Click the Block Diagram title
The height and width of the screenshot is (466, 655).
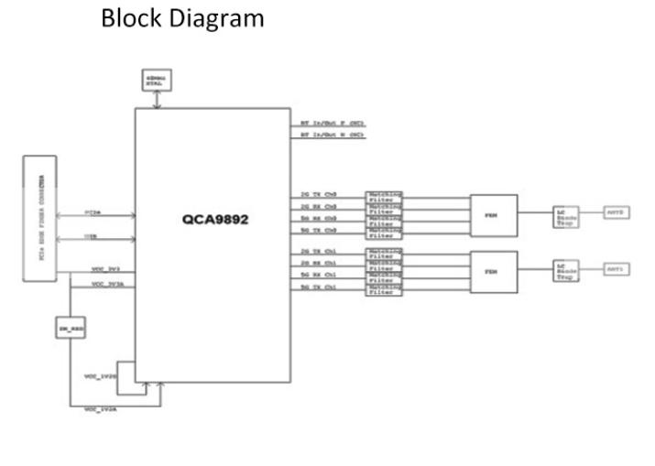point(183,17)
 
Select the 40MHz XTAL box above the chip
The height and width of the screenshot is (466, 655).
point(157,81)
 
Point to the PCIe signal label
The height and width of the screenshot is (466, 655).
point(93,211)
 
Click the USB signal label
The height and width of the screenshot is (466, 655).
point(92,236)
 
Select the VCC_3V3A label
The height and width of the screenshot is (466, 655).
point(106,285)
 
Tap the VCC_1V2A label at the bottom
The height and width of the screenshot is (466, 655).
point(99,407)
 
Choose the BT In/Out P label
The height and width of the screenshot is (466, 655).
point(333,122)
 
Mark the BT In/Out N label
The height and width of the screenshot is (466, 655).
point(333,135)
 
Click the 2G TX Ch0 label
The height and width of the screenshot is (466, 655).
point(320,196)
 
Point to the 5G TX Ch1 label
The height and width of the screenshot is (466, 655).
point(320,288)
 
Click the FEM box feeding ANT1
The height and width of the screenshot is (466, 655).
point(493,269)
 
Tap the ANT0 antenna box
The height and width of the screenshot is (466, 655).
point(615,212)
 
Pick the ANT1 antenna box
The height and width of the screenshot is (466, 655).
point(615,269)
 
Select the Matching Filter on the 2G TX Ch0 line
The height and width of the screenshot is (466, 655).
point(384,196)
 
